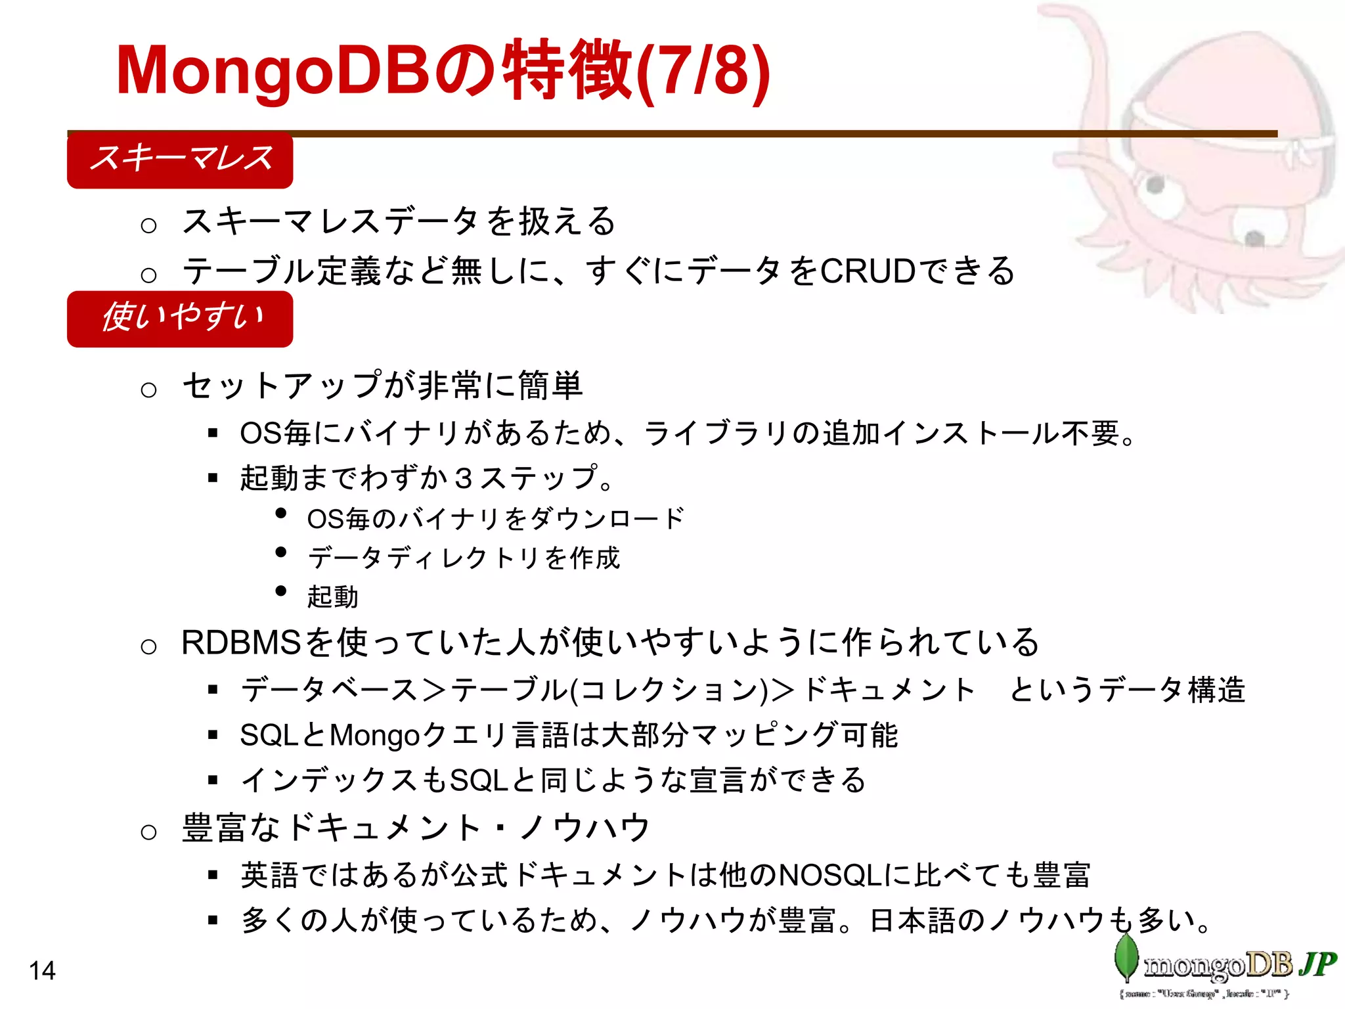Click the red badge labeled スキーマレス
point(179,160)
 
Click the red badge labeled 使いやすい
point(179,319)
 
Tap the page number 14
point(42,970)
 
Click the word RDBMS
point(240,642)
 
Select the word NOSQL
point(830,875)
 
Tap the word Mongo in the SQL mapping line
point(374,735)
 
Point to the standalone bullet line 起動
point(332,596)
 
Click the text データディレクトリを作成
point(463,558)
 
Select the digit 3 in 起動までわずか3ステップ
point(464,478)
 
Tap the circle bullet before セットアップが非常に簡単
point(149,390)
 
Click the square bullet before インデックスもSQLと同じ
point(212,780)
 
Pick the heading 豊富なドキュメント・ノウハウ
point(415,827)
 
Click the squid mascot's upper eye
point(1155,185)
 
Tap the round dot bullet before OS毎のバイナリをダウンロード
point(281,513)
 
